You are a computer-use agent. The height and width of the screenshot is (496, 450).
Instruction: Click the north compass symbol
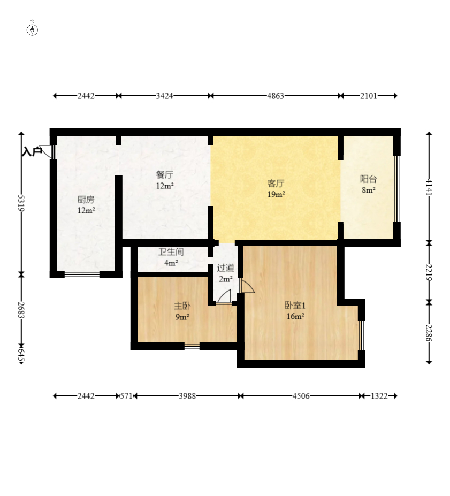tap(32, 28)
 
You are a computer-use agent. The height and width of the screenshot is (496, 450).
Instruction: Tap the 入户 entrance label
tap(32, 151)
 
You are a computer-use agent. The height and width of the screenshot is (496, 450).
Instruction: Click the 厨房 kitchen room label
tap(86, 200)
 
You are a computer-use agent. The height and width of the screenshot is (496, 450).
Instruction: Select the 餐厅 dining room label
tap(164, 175)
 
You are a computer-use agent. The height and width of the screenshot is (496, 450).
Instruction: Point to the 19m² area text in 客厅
tap(276, 194)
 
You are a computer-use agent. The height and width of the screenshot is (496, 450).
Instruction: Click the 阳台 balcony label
tap(369, 179)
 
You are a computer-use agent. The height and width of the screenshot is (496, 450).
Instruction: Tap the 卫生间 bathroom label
tap(171, 252)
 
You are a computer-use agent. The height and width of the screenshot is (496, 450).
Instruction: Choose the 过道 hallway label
tap(225, 268)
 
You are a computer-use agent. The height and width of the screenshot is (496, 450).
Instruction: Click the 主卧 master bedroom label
tap(182, 306)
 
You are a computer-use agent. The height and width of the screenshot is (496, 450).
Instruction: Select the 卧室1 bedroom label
tap(295, 306)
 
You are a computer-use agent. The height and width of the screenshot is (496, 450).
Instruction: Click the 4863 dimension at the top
tap(276, 96)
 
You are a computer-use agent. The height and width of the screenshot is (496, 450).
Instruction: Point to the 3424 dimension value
tap(164, 96)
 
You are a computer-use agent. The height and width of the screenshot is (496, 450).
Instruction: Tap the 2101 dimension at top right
tap(369, 96)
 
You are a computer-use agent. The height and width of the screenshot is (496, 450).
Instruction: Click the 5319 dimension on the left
tap(21, 203)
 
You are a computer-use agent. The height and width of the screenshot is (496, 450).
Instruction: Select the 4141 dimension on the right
tap(429, 187)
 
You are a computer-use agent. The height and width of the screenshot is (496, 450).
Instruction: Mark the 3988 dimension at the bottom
tap(187, 396)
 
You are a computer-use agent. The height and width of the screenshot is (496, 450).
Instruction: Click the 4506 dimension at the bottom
tap(301, 396)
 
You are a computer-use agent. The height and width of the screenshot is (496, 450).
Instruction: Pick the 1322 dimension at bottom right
tap(379, 396)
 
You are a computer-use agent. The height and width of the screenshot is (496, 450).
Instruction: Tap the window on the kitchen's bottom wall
tap(82, 274)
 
